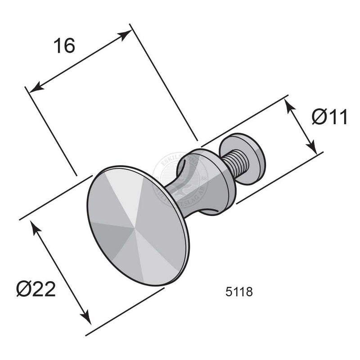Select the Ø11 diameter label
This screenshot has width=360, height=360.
tap(330, 117)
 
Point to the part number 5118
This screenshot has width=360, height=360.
tap(238, 292)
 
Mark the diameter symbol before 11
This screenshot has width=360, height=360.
tap(319, 117)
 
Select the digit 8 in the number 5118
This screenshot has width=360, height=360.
tap(249, 292)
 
